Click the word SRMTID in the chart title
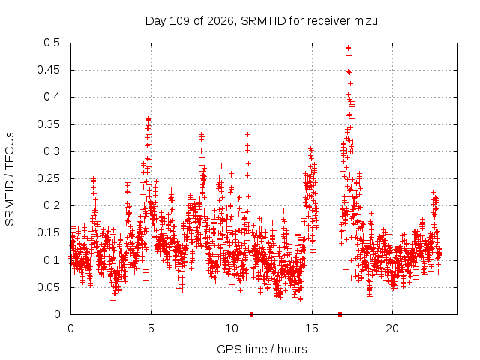pos(263,21)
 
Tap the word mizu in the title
pos(366,21)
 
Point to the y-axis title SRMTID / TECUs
pos(10,179)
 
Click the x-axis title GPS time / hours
pos(262,349)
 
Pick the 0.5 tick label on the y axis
pos(52,43)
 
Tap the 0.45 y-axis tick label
pos(48,70)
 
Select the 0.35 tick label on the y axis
pos(48,124)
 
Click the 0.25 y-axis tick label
pos(48,178)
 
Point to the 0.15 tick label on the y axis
pos(48,232)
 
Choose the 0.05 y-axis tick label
pos(48,287)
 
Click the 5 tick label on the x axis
pos(151,328)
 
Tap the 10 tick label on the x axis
pos(232,328)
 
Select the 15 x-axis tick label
pos(312,328)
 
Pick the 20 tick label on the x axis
pos(392,328)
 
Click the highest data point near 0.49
pos(348,48)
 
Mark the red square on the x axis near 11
pos(251,314)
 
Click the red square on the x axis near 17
pos(340,314)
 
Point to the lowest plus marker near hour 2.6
pos(113,301)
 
